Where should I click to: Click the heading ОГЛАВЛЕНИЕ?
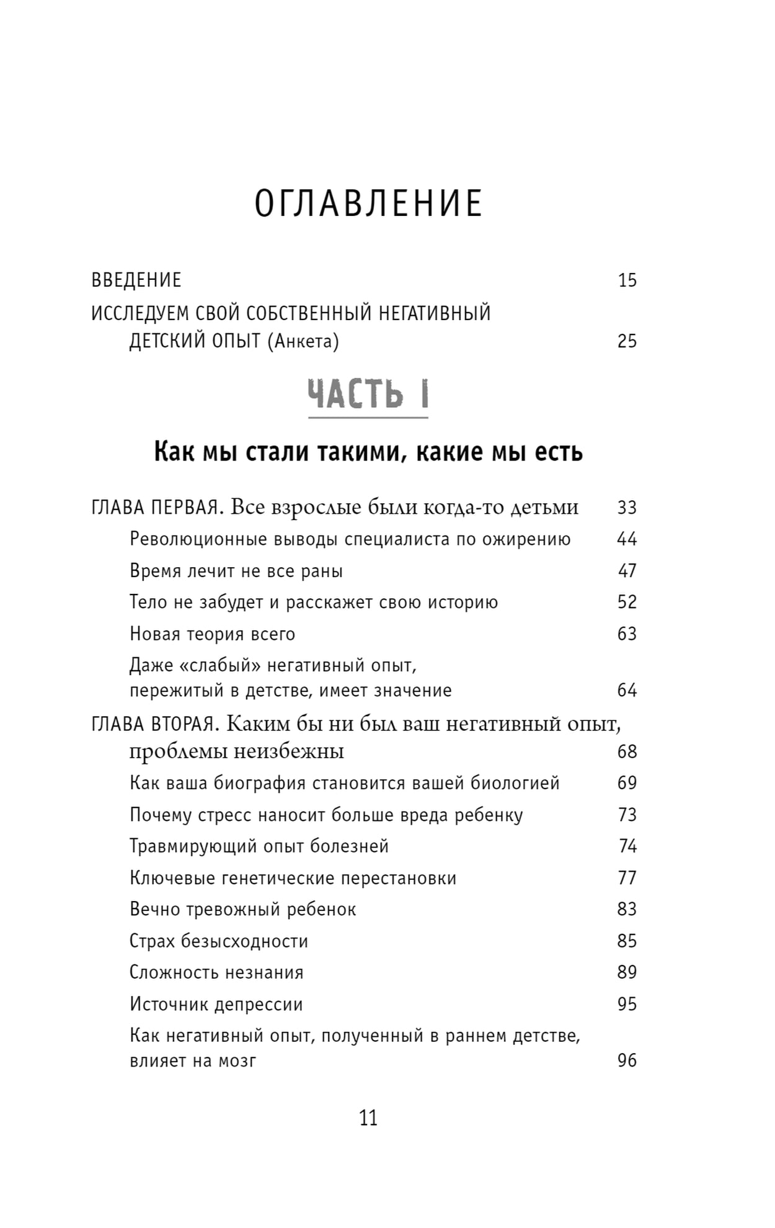tap(368, 204)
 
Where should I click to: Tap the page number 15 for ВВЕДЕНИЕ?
tap(627, 280)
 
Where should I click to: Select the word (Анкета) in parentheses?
tap(303, 341)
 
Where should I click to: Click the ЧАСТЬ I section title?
tap(368, 395)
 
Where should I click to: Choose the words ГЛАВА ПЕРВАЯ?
tap(155, 508)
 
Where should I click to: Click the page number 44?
tap(627, 539)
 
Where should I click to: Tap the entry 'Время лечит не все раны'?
tap(236, 571)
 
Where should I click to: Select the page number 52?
tap(627, 602)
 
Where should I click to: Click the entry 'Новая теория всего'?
tap(212, 634)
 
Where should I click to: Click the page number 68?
tap(627, 752)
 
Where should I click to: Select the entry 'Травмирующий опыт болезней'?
tap(259, 846)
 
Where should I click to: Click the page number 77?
tap(627, 878)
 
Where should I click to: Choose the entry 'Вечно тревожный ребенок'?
tap(242, 910)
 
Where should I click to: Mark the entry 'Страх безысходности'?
tap(218, 941)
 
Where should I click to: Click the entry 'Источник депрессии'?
tap(216, 1005)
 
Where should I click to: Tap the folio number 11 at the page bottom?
tap(368, 1118)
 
